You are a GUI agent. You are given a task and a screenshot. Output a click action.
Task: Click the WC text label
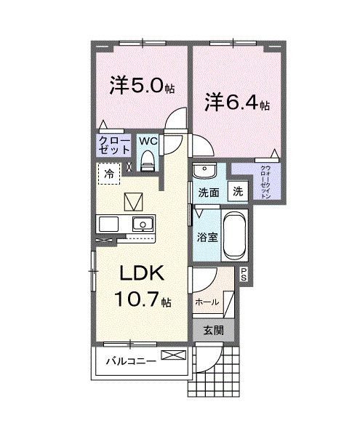[x=148, y=140]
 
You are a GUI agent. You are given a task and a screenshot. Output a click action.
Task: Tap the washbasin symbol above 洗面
[x=206, y=171]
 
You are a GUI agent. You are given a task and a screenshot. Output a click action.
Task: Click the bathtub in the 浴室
[x=234, y=236]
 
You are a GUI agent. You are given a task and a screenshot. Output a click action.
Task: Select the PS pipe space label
[x=244, y=274]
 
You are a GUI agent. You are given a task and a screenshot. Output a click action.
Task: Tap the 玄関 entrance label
[x=213, y=330]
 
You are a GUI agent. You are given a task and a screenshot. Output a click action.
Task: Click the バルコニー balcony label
[x=130, y=360]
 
